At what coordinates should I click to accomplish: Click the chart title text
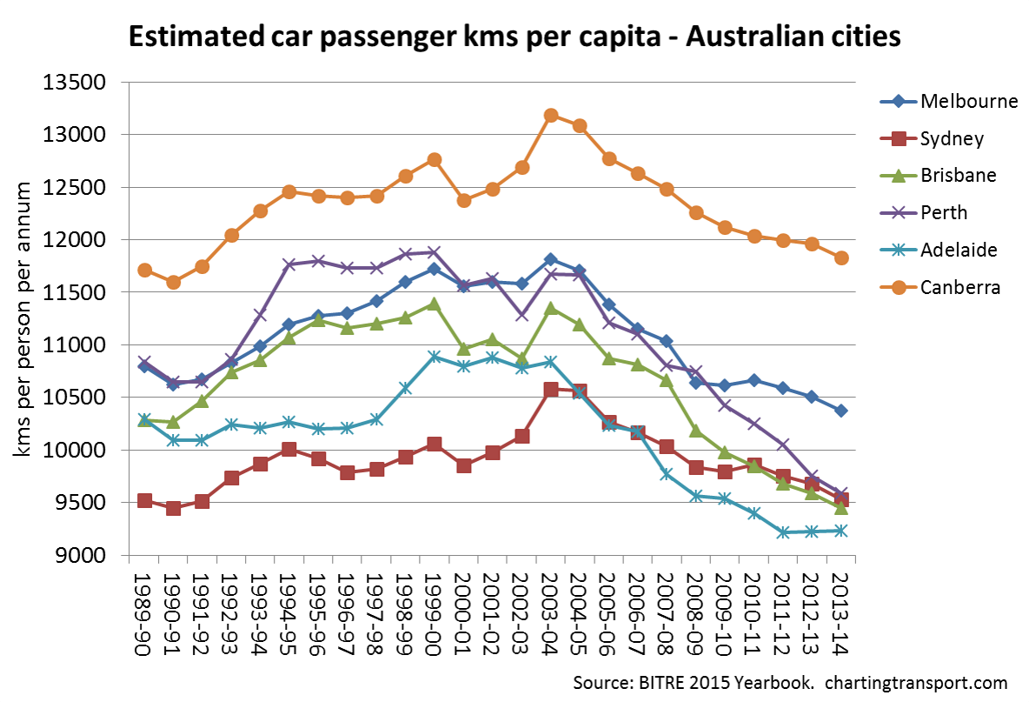[514, 37]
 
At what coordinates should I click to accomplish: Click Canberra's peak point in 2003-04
[550, 115]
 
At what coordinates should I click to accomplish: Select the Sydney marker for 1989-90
[144, 501]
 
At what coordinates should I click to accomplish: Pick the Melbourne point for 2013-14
[840, 411]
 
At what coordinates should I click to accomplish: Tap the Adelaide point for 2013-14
[840, 531]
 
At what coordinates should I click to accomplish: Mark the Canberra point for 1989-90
[144, 271]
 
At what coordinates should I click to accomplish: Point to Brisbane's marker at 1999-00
[434, 304]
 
